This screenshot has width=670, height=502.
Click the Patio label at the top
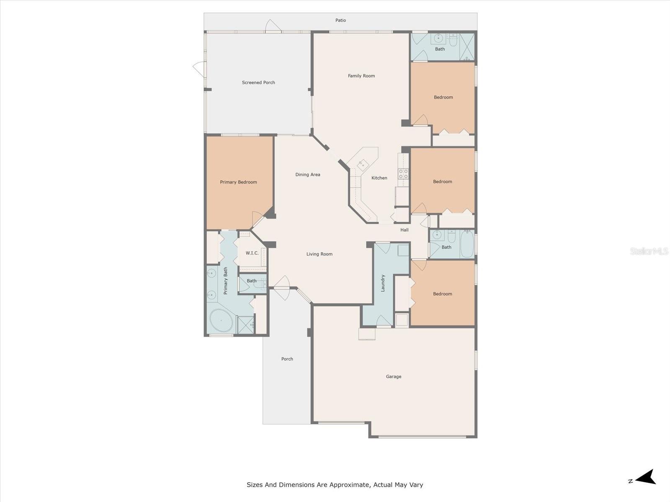(340, 20)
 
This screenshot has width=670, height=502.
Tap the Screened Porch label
(258, 82)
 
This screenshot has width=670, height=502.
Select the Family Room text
(361, 76)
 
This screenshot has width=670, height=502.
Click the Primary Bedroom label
(238, 182)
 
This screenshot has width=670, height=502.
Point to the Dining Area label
(307, 174)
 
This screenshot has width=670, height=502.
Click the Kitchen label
(379, 178)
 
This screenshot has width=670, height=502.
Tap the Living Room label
(319, 254)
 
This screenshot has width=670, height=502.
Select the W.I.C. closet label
(252, 253)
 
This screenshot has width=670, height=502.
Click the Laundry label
(383, 283)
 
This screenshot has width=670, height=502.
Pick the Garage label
(393, 376)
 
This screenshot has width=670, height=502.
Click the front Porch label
(287, 359)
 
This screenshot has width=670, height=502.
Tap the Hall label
(404, 230)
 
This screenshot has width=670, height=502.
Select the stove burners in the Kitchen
(403, 174)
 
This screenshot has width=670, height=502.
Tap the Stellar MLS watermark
(649, 251)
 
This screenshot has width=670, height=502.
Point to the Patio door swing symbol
(273, 26)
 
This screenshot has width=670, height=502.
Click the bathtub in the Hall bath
(467, 244)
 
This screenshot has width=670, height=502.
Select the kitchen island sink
(363, 164)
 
